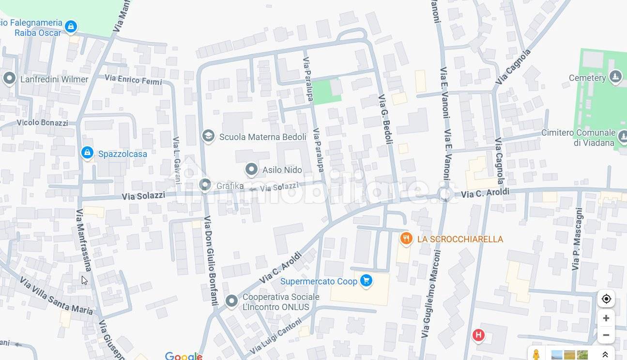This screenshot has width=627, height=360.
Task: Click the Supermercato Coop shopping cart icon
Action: (x=366, y=281)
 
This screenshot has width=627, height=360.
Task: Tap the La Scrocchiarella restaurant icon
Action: (x=406, y=238)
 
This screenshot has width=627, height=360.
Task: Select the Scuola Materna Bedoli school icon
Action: (x=208, y=136)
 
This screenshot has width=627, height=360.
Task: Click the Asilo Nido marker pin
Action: (x=251, y=169)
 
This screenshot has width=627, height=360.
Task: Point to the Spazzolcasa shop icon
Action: (x=87, y=153)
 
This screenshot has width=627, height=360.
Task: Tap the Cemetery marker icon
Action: (x=615, y=77)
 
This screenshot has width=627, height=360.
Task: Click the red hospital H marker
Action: (x=478, y=335)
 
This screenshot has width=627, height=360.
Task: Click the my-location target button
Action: (x=606, y=299)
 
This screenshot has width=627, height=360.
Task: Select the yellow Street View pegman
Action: (x=536, y=354)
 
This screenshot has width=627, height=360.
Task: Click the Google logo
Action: (x=183, y=356)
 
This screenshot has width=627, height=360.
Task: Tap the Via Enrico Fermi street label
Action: (x=133, y=80)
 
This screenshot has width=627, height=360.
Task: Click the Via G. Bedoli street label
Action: (x=385, y=119)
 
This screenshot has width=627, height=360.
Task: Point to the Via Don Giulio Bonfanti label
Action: (x=211, y=260)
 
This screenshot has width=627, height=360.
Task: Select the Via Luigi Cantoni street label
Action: (x=276, y=336)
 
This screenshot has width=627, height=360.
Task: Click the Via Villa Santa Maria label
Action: (x=56, y=295)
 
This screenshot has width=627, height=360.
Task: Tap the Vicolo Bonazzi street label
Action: (x=42, y=123)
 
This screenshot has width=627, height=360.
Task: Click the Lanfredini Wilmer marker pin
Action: (x=9, y=78)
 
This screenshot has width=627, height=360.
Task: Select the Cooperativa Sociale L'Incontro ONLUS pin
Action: (x=231, y=301)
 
